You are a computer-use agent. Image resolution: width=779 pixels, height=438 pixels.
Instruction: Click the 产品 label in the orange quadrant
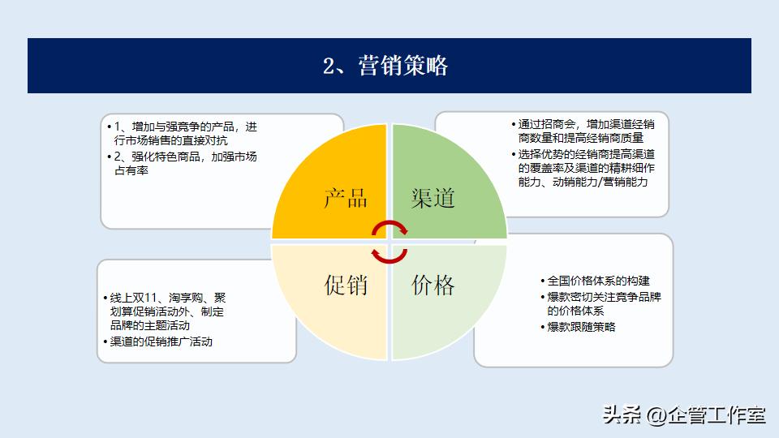[346, 198]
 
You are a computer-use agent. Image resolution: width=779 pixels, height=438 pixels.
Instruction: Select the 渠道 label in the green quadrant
[433, 198]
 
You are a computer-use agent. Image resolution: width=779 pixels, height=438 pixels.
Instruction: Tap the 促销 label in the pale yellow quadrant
[346, 285]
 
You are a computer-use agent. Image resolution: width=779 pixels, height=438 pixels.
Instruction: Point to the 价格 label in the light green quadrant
[433, 285]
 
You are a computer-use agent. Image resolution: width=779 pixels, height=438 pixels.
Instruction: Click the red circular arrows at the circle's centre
[389, 242]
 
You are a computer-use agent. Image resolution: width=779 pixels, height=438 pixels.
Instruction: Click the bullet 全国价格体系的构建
[599, 281]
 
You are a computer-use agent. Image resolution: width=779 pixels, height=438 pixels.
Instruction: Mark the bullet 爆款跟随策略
[581, 327]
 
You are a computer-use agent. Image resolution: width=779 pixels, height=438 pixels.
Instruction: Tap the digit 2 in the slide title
[329, 67]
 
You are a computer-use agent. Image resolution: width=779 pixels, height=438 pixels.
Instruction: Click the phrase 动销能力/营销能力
[613, 182]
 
